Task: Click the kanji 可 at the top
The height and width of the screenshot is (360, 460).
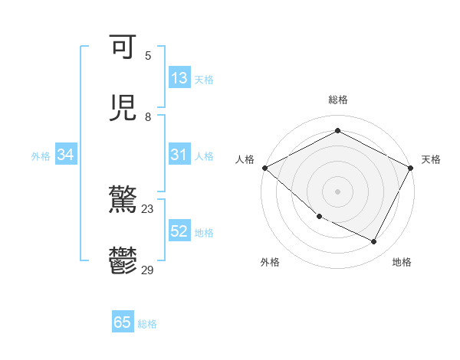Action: (x=123, y=48)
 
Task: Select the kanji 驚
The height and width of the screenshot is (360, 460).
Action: (x=123, y=201)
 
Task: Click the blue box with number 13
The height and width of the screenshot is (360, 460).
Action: (x=179, y=78)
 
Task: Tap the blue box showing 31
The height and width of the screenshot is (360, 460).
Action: (x=179, y=155)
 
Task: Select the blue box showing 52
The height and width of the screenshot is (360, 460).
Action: (x=179, y=231)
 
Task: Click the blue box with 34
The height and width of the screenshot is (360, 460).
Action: (x=66, y=155)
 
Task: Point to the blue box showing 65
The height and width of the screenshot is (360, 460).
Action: (x=123, y=322)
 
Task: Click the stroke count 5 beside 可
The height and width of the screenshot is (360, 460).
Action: (x=148, y=55)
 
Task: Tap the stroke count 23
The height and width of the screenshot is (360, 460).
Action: (x=147, y=208)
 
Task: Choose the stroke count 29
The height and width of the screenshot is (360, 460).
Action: (x=147, y=270)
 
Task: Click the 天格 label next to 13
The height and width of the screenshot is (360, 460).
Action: (x=203, y=79)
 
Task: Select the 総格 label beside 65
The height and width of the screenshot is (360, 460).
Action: (x=147, y=323)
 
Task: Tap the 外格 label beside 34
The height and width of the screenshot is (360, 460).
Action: (x=41, y=155)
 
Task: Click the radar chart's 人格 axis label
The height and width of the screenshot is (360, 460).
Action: (x=245, y=159)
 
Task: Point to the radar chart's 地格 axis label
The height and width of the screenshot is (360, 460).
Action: (x=402, y=262)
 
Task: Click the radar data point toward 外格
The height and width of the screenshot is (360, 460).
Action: (x=319, y=217)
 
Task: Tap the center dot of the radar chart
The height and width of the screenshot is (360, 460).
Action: (x=337, y=191)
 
